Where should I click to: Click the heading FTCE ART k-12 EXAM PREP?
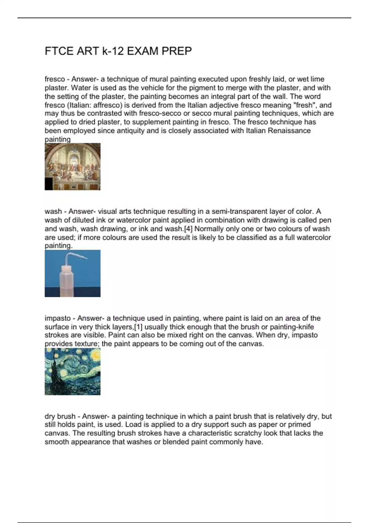click(x=118, y=51)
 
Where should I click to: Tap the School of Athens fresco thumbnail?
click(x=73, y=166)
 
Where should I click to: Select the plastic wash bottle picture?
click(x=73, y=273)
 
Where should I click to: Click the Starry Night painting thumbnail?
click(x=73, y=371)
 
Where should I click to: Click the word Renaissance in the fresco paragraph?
click(x=289, y=131)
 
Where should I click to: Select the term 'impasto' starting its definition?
click(x=58, y=318)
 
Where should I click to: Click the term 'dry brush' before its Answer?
click(x=60, y=416)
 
